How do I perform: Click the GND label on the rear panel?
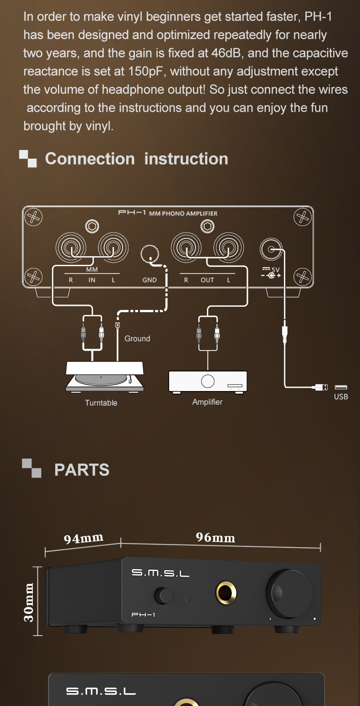tap(149, 280)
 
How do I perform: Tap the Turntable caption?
tap(101, 403)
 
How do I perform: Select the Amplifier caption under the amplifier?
tap(207, 402)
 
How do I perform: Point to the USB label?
tap(341, 397)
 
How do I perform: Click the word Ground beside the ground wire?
tap(138, 339)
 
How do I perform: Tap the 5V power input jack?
tap(271, 249)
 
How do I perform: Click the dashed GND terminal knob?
tap(149, 254)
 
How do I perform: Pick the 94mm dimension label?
tap(83, 538)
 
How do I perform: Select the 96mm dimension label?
tap(216, 537)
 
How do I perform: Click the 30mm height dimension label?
tap(29, 602)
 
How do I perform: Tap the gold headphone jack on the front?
tap(226, 593)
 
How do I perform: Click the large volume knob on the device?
tap(288, 593)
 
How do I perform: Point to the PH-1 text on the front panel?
tap(143, 614)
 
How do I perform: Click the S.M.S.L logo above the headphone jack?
tap(160, 572)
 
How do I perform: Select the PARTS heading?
tap(82, 469)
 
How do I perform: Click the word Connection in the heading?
tap(90, 159)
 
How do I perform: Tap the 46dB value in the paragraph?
tap(226, 53)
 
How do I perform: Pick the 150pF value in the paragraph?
tap(145, 72)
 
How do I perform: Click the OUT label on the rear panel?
tap(207, 280)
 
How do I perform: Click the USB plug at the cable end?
tap(322, 387)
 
